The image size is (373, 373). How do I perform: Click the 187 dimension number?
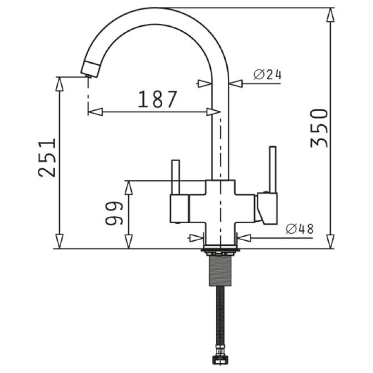tap(157, 99)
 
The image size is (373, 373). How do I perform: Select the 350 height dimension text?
tap(319, 128)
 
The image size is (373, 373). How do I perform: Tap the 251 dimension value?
tap(47, 158)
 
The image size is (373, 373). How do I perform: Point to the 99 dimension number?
tap(114, 213)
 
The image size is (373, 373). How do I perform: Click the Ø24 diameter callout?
tap(268, 75)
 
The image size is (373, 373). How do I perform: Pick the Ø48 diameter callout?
tap(300, 229)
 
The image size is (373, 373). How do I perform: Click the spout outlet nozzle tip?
tap(90, 69)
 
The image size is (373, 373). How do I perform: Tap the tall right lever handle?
tap(273, 170)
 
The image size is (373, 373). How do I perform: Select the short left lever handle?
tap(176, 177)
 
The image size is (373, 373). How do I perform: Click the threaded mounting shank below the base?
tap(220, 271)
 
